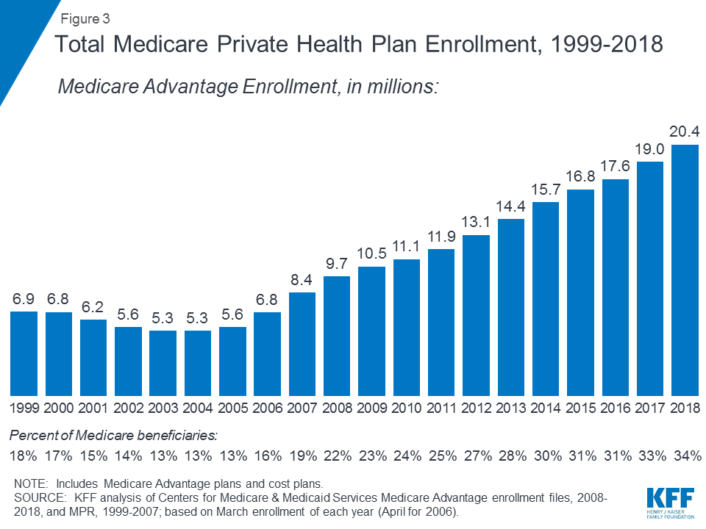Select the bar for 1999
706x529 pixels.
(24, 353)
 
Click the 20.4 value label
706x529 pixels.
(685, 132)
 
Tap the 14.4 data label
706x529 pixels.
(511, 206)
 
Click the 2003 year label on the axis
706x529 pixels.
(163, 407)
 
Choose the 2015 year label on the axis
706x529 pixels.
(580, 407)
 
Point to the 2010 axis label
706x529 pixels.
(407, 407)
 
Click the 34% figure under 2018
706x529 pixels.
(685, 456)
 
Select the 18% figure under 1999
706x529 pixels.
(24, 456)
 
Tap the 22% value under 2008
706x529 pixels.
(337, 456)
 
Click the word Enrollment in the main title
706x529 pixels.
(472, 45)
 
